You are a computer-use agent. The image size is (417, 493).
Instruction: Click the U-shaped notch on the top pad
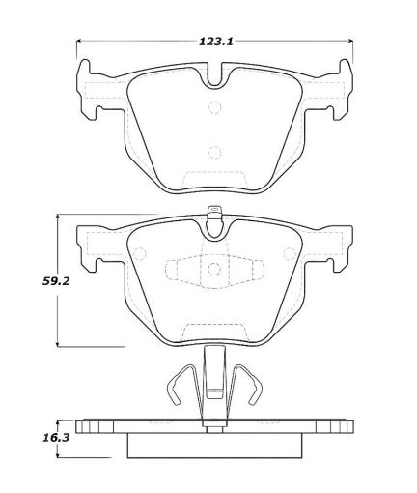pyautogui.click(x=213, y=82)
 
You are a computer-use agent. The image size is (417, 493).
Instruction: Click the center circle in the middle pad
pyautogui.click(x=213, y=268)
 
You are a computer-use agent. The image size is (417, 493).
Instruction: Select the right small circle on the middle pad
pyautogui.click(x=287, y=255)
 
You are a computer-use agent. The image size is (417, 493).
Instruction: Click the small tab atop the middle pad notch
pyautogui.click(x=213, y=215)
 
